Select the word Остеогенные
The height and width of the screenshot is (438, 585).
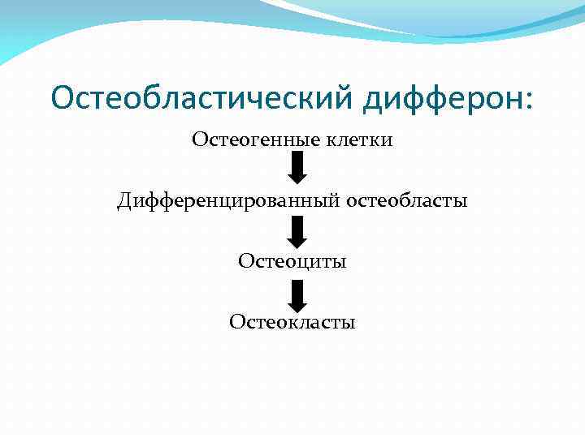(x=245, y=140)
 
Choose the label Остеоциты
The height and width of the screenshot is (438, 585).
(x=292, y=261)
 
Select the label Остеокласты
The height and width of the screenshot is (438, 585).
(x=292, y=322)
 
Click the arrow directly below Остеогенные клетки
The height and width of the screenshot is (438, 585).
(x=297, y=169)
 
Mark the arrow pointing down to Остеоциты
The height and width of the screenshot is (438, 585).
(x=297, y=230)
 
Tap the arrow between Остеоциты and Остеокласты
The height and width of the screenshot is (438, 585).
(x=297, y=292)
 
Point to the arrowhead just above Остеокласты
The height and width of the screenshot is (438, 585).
(x=297, y=301)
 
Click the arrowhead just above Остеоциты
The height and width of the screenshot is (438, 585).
(x=297, y=240)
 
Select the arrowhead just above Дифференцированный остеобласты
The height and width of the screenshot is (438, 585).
(x=297, y=178)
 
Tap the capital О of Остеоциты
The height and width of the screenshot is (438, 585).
(x=245, y=261)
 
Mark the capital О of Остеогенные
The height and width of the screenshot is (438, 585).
(x=199, y=140)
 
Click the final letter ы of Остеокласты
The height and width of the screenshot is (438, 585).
(x=349, y=323)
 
